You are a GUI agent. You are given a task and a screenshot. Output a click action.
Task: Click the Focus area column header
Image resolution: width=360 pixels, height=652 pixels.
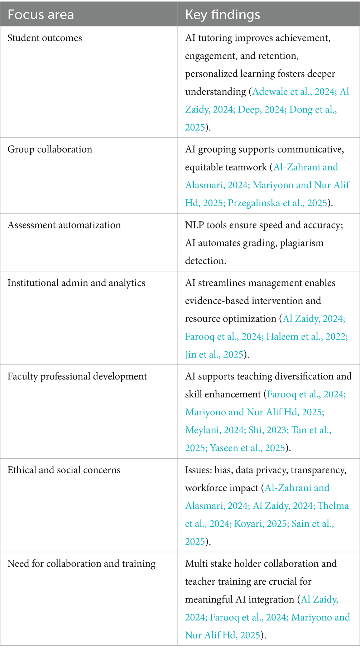pyautogui.click(x=40, y=15)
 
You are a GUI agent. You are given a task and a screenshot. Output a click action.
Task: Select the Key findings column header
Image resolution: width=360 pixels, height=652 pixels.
pyautogui.click(x=222, y=15)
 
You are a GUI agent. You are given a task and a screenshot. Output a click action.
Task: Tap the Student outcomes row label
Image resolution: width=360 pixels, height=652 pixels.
pyautogui.click(x=45, y=38)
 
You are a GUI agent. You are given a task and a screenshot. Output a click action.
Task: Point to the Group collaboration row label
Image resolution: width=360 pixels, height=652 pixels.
pyautogui.click(x=50, y=149)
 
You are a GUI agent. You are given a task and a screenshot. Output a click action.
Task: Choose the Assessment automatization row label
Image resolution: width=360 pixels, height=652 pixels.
pyautogui.click(x=64, y=225)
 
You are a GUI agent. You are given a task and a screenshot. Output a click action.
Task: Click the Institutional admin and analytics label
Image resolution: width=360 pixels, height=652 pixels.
pyautogui.click(x=76, y=283)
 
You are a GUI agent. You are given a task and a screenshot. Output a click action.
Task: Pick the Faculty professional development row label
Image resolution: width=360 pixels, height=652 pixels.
pyautogui.click(x=77, y=376)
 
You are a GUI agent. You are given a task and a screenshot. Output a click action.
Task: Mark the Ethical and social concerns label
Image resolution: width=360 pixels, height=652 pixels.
pyautogui.click(x=64, y=470)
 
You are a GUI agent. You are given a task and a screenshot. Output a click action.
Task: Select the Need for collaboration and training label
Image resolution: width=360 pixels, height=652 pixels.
pyautogui.click(x=81, y=564)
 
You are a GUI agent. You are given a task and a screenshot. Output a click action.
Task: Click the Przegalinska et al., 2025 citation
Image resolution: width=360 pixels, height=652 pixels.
pyautogui.click(x=277, y=203)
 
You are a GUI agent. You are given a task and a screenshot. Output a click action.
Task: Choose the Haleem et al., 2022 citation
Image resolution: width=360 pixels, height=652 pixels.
pyautogui.click(x=306, y=337)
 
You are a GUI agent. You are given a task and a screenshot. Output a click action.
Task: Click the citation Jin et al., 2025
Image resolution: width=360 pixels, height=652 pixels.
pyautogui.click(x=214, y=354)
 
